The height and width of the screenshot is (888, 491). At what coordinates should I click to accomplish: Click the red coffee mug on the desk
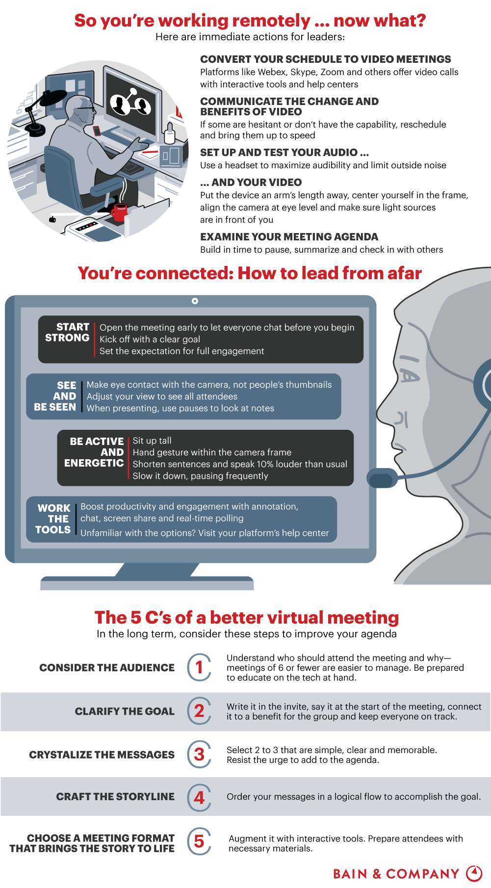tap(119, 213)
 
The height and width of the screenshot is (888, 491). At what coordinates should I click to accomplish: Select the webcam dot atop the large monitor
tap(195, 301)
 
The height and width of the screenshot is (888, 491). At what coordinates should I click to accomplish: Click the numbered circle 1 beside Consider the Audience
tap(199, 667)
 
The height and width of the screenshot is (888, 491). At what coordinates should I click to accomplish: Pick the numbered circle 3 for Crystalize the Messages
tap(199, 754)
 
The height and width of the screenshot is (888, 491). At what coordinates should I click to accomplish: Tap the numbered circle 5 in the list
tap(199, 841)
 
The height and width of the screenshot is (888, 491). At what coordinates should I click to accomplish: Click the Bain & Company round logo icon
tap(474, 873)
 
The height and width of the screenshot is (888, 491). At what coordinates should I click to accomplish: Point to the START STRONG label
tap(67, 333)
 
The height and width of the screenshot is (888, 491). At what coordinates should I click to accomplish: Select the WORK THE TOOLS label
tap(53, 519)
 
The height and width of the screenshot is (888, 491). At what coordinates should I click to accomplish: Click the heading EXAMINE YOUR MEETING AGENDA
tap(289, 237)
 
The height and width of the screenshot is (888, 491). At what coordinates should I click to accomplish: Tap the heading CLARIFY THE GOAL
tap(125, 711)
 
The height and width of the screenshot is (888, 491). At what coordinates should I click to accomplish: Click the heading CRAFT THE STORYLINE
tap(115, 797)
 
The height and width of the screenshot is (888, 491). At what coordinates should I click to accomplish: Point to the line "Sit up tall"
tap(152, 441)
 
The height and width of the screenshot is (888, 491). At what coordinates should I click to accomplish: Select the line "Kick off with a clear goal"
tap(150, 339)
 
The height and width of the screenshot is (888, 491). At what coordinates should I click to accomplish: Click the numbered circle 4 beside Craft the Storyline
tap(199, 797)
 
